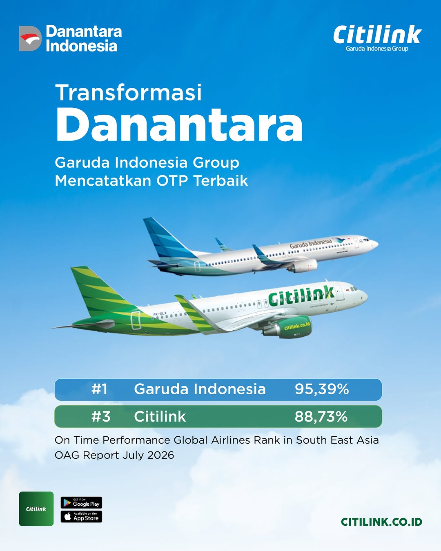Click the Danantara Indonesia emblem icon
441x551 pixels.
point(30,38)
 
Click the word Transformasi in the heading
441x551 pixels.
point(128,92)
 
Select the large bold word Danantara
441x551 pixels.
point(179,125)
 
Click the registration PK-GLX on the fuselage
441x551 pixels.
point(160,313)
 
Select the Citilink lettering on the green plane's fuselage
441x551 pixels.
point(301,296)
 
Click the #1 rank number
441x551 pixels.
point(100,389)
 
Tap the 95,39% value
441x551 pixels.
point(322,389)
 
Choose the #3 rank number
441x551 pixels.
point(101,417)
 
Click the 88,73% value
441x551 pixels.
point(321,417)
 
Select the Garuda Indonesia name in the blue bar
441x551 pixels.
point(200,389)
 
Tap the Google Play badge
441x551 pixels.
point(81,502)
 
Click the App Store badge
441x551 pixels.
point(81,517)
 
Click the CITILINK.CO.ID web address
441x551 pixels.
point(381,522)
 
